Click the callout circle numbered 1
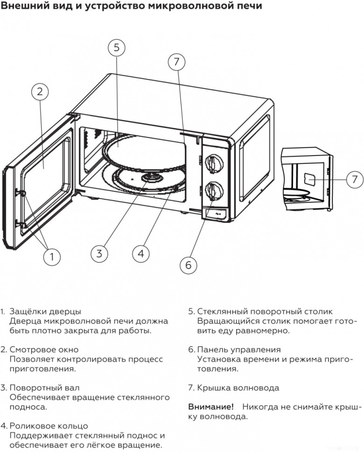click(x=52, y=256)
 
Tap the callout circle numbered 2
click(x=40, y=92)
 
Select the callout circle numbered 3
click(x=99, y=253)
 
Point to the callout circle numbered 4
click(x=140, y=253)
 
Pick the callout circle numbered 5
click(x=117, y=48)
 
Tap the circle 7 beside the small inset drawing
click(x=354, y=179)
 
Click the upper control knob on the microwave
click(x=213, y=163)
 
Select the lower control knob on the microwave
click(x=213, y=190)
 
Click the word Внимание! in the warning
click(x=210, y=407)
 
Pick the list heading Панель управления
click(x=238, y=349)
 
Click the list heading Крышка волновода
click(x=238, y=388)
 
